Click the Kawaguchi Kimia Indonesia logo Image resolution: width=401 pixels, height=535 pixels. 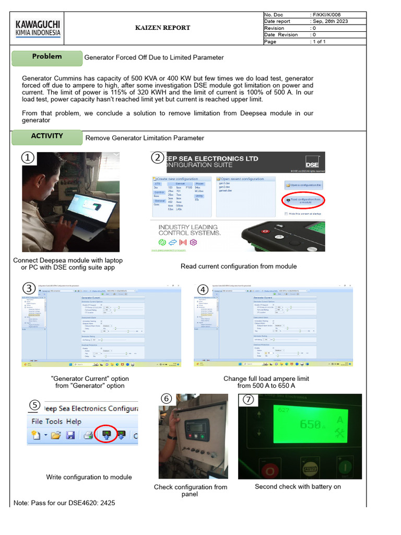(x=38, y=28)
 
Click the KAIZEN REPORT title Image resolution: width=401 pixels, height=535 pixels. (x=163, y=28)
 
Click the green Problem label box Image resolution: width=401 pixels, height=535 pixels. (x=47, y=56)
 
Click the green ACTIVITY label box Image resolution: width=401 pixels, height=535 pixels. (x=47, y=136)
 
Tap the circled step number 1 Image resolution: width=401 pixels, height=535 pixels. (x=28, y=158)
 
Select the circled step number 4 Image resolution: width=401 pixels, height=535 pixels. (x=203, y=289)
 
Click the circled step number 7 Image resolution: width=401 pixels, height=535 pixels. (x=247, y=400)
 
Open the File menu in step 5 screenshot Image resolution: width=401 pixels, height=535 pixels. (x=37, y=421)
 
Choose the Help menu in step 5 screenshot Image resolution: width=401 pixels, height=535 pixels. (x=74, y=421)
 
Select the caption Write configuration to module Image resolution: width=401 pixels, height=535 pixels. (x=89, y=477)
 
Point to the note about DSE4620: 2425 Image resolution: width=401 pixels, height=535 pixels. (x=64, y=503)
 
